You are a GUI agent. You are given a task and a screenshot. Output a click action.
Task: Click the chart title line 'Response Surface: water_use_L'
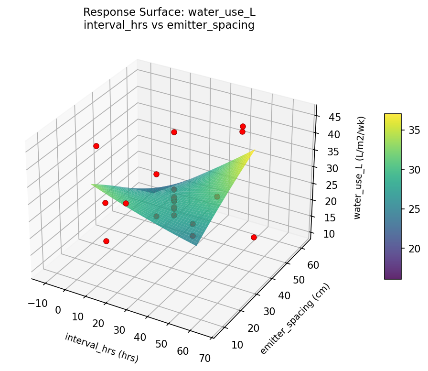(x=169, y=12)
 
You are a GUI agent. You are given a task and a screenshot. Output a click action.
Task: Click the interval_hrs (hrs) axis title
(x=101, y=348)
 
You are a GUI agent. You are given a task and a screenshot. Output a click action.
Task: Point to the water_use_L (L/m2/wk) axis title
(x=361, y=167)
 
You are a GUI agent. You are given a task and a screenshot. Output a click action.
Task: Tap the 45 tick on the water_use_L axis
(x=328, y=118)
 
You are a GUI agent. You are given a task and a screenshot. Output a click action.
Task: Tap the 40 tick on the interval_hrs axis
(x=140, y=337)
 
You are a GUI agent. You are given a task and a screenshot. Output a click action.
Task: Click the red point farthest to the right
(x=254, y=237)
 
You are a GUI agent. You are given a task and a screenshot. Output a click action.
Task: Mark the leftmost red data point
(x=96, y=146)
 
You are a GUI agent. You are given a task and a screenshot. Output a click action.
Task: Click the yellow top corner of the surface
(x=254, y=150)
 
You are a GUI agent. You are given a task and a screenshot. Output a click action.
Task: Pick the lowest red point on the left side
(x=106, y=241)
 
